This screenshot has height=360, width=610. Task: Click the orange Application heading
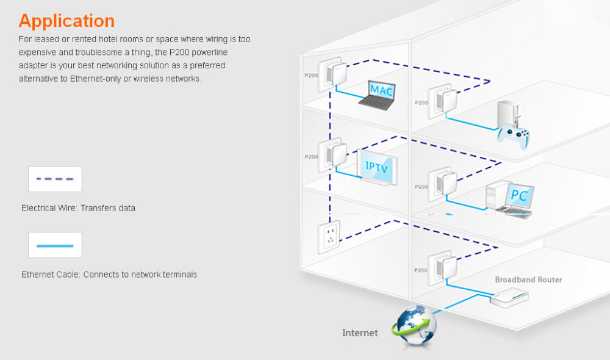click(66, 21)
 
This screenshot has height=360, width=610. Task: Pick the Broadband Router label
click(528, 279)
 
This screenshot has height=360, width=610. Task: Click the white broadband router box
click(509, 295)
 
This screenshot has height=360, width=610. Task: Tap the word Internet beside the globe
click(360, 333)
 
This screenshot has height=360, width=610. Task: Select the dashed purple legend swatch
click(55, 179)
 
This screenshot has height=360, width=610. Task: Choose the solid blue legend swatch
click(55, 245)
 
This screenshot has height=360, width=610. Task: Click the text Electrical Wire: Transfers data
click(78, 208)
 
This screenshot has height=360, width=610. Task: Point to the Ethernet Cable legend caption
click(109, 275)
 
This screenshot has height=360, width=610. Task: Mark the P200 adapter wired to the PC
click(441, 182)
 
